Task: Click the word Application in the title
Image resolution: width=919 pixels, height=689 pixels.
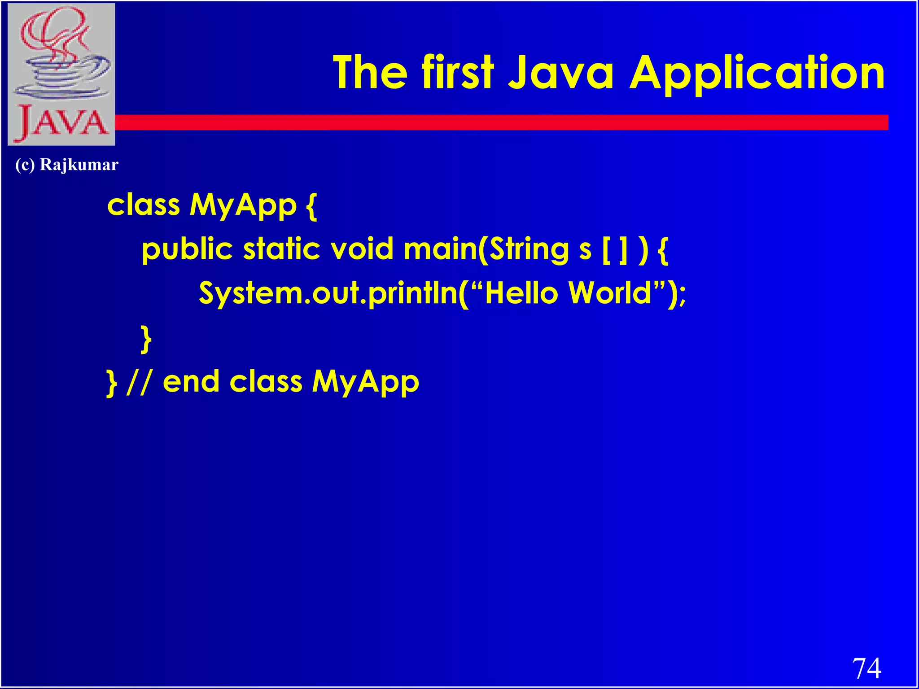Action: tap(757, 73)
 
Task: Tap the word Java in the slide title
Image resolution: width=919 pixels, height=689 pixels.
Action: tap(561, 73)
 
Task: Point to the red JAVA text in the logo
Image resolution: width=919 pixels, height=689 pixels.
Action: tap(61, 122)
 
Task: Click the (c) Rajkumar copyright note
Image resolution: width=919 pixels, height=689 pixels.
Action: tap(67, 165)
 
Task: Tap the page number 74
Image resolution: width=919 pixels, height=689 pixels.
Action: tap(866, 669)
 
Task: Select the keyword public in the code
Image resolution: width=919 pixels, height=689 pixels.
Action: tap(187, 249)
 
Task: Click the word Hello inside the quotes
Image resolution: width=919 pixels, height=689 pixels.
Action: tap(521, 293)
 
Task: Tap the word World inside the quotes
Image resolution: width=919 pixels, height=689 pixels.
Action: tap(609, 293)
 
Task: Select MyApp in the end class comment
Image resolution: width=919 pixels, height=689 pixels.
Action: tap(365, 383)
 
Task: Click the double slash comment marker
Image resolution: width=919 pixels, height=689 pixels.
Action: tap(139, 383)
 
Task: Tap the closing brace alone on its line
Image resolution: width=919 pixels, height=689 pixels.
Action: tap(146, 340)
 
